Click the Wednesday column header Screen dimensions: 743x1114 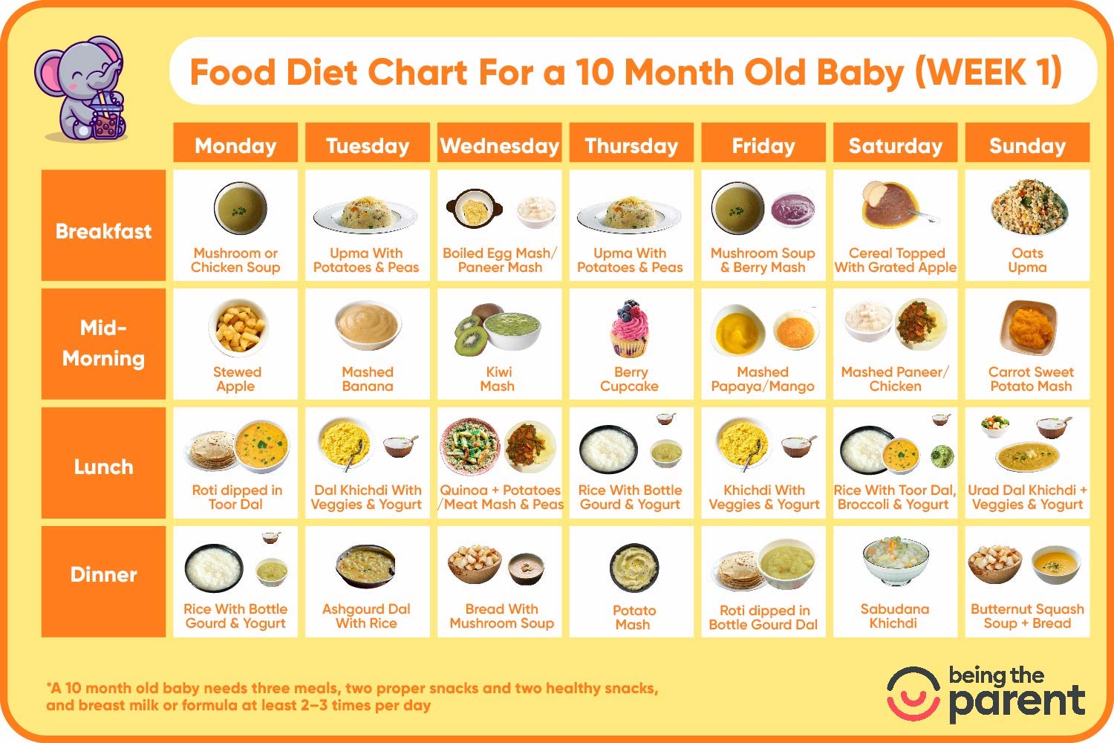tap(500, 145)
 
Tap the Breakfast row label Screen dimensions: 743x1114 tap(103, 231)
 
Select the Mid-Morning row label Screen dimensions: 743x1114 tap(103, 343)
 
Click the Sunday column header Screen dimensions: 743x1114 tap(1027, 145)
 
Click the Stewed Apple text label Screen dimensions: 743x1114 tap(236, 379)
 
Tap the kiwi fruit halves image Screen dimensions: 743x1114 tap(469, 333)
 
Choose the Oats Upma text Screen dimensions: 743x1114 tap(1027, 260)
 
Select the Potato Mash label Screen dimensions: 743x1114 tap(633, 617)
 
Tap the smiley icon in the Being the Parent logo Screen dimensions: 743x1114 tap(913, 694)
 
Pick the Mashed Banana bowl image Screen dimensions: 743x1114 tap(368, 325)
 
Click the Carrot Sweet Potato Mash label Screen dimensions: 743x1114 tap(1031, 379)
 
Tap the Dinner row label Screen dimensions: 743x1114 tap(103, 574)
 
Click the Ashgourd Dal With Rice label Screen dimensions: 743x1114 tap(366, 616)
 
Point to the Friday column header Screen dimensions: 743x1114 tap(763, 145)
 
